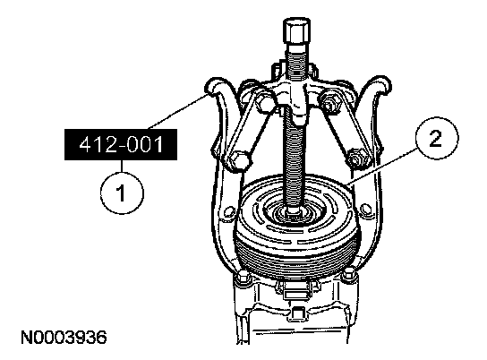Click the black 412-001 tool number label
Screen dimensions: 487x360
(x=121, y=145)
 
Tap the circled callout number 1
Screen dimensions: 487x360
(x=122, y=193)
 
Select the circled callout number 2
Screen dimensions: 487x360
(x=437, y=138)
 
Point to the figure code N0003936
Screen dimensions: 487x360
(x=64, y=338)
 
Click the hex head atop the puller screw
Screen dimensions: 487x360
(x=296, y=32)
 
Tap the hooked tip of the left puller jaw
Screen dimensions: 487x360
(x=214, y=87)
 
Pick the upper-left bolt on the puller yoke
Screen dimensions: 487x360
(x=265, y=103)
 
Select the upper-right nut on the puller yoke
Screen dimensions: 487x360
(x=329, y=102)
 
